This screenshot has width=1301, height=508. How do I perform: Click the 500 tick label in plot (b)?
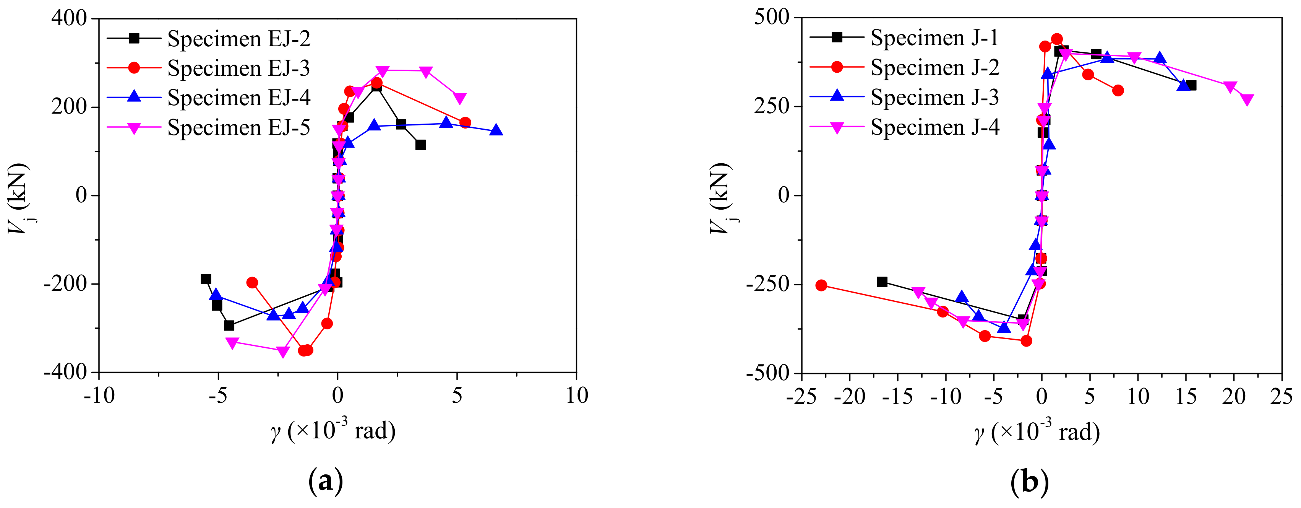pyautogui.click(x=771, y=17)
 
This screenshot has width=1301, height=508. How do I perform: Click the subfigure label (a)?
pyautogui.click(x=325, y=481)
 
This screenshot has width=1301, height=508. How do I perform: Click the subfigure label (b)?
pyautogui.click(x=1029, y=481)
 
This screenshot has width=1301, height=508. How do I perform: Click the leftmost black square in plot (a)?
pyautogui.click(x=206, y=279)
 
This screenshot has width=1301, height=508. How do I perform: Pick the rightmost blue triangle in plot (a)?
pyautogui.click(x=496, y=130)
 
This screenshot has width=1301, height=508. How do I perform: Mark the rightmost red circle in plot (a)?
pyautogui.click(x=465, y=123)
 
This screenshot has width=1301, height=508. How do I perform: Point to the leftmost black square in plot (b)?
pyautogui.click(x=882, y=282)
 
